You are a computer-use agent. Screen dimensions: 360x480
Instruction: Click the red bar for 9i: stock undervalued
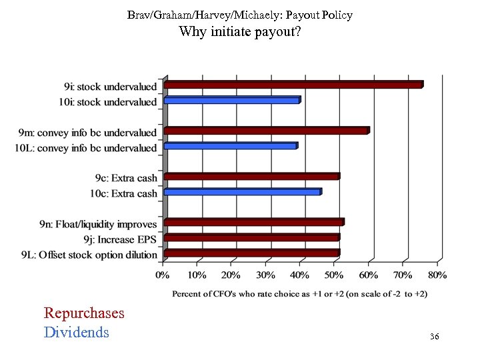293,85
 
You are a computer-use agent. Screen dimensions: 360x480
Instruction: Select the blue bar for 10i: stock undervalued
231,100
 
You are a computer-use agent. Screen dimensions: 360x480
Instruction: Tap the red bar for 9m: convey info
266,131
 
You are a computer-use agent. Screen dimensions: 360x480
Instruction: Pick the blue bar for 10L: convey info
230,146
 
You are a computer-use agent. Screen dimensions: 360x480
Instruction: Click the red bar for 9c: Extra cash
251,177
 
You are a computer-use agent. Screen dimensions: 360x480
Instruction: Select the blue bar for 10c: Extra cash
242,192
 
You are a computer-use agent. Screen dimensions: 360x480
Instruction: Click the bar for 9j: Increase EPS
251,237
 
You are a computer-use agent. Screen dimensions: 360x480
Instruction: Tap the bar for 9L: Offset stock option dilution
251,253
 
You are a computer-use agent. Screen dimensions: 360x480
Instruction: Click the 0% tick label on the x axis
162,275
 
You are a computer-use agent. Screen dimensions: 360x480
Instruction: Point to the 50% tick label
334,275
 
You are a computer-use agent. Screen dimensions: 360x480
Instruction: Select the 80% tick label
437,275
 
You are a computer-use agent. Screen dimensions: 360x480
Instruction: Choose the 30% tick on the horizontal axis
265,275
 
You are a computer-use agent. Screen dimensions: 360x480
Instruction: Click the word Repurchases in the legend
84,313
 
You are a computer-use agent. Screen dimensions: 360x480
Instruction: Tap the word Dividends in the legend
76,331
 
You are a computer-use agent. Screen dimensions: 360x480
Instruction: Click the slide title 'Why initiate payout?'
239,31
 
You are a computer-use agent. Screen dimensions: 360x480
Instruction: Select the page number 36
434,337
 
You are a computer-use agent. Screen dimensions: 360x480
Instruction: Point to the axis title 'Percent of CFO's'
300,293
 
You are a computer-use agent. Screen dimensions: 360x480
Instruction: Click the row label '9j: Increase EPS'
121,239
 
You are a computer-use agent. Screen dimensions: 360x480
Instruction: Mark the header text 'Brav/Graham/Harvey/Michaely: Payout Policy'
239,14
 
